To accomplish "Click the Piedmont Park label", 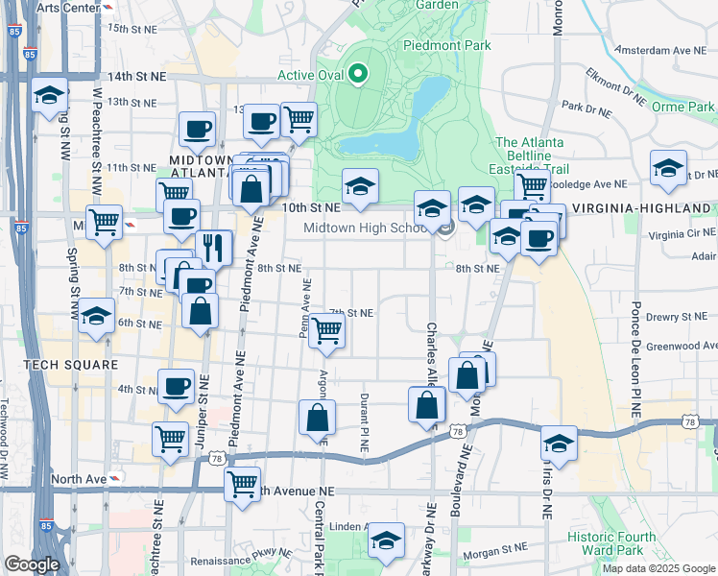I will tap(447, 45).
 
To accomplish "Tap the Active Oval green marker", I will tap(358, 73).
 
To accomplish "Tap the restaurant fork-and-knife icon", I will tap(214, 248).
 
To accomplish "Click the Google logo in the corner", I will tap(32, 564).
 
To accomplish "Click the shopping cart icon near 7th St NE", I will tap(327, 330).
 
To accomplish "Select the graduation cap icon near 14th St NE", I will tap(48, 95).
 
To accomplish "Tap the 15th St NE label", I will tap(132, 29).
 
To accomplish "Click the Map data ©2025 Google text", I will tap(658, 567).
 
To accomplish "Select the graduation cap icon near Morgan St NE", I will tap(386, 540).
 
